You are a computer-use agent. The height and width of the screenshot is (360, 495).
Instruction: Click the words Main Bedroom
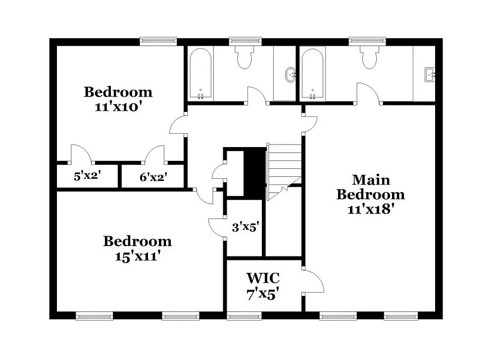[370, 187]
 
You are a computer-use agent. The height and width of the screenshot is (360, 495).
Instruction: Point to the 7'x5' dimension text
[263, 294]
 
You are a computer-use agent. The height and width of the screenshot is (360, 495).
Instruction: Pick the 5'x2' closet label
[88, 176]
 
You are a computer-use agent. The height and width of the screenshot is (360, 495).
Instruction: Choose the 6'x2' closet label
[153, 176]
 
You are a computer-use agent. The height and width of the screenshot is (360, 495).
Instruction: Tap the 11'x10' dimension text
[118, 106]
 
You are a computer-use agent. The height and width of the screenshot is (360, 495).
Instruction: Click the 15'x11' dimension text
[137, 257]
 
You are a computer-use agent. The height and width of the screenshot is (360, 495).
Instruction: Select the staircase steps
[285, 168]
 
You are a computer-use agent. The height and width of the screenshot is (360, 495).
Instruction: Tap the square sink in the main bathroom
[429, 75]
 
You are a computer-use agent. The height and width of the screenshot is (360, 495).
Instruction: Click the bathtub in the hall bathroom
[200, 73]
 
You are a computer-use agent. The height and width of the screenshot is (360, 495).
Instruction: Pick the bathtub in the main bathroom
[313, 73]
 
